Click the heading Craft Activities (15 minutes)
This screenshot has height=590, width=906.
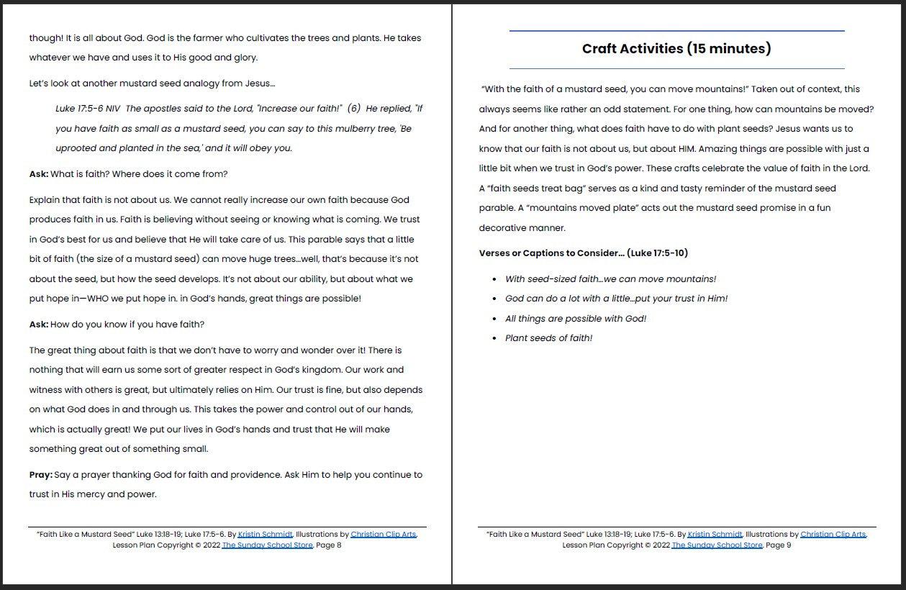pos(676,49)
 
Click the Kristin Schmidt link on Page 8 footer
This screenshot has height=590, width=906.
pos(265,535)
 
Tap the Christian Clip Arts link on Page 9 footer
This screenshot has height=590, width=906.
pos(833,535)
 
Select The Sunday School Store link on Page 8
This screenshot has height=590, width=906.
pos(267,545)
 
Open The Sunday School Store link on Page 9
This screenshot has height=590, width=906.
pos(717,545)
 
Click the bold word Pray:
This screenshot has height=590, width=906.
pos(40,475)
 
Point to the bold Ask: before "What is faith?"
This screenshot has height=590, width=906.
pos(39,174)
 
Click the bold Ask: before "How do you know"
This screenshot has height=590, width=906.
pos(39,324)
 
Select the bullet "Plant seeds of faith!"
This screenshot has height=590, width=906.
pos(548,338)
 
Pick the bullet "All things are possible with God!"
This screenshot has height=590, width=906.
pos(576,319)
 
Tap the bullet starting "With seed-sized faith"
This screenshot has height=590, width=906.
pos(610,279)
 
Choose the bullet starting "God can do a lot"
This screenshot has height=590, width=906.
pos(616,299)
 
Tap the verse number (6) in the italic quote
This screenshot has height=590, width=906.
pos(353,109)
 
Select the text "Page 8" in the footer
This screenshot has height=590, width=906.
pos(329,545)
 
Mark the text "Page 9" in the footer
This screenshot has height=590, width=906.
pos(779,545)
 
